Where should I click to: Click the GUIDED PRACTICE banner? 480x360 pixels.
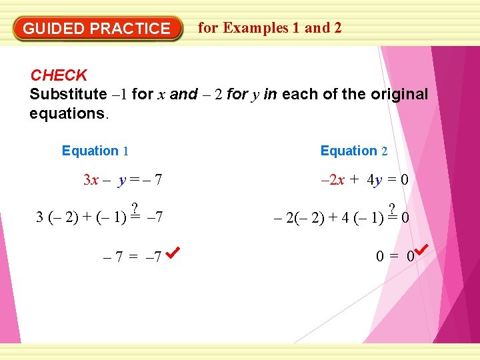(97, 29)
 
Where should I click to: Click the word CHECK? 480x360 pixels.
(59, 76)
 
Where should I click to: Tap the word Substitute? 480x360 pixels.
(68, 95)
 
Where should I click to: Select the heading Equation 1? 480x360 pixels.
(95, 151)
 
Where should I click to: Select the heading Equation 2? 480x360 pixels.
(354, 151)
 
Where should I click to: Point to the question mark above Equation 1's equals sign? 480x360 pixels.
(135, 207)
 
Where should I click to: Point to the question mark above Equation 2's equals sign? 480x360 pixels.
(392, 207)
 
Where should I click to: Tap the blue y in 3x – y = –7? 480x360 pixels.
(121, 180)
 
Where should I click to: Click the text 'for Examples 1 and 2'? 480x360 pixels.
(270, 28)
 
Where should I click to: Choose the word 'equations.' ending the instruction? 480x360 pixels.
(68, 113)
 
